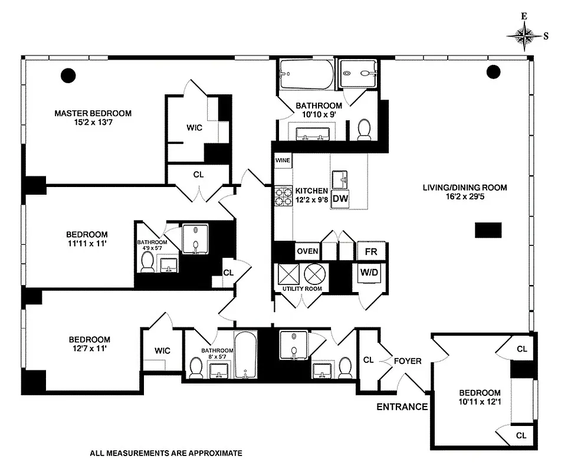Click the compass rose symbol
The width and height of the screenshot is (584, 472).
(523, 35)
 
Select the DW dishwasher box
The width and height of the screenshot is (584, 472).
(340, 199)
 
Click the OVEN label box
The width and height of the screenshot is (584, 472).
(307, 251)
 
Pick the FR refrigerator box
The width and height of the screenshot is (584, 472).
(371, 251)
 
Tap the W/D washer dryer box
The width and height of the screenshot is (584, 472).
(369, 273)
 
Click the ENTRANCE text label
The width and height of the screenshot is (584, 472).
(402, 407)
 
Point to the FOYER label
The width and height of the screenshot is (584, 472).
(408, 360)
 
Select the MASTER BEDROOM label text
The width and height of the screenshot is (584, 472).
(93, 113)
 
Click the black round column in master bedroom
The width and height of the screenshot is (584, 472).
(69, 75)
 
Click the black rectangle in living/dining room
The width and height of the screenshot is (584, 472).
(488, 230)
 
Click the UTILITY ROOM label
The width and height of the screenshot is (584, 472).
(301, 289)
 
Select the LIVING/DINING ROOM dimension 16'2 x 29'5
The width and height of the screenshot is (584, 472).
(464, 198)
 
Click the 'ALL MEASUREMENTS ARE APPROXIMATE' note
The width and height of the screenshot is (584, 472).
(166, 454)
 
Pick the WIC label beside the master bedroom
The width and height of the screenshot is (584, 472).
(195, 127)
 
